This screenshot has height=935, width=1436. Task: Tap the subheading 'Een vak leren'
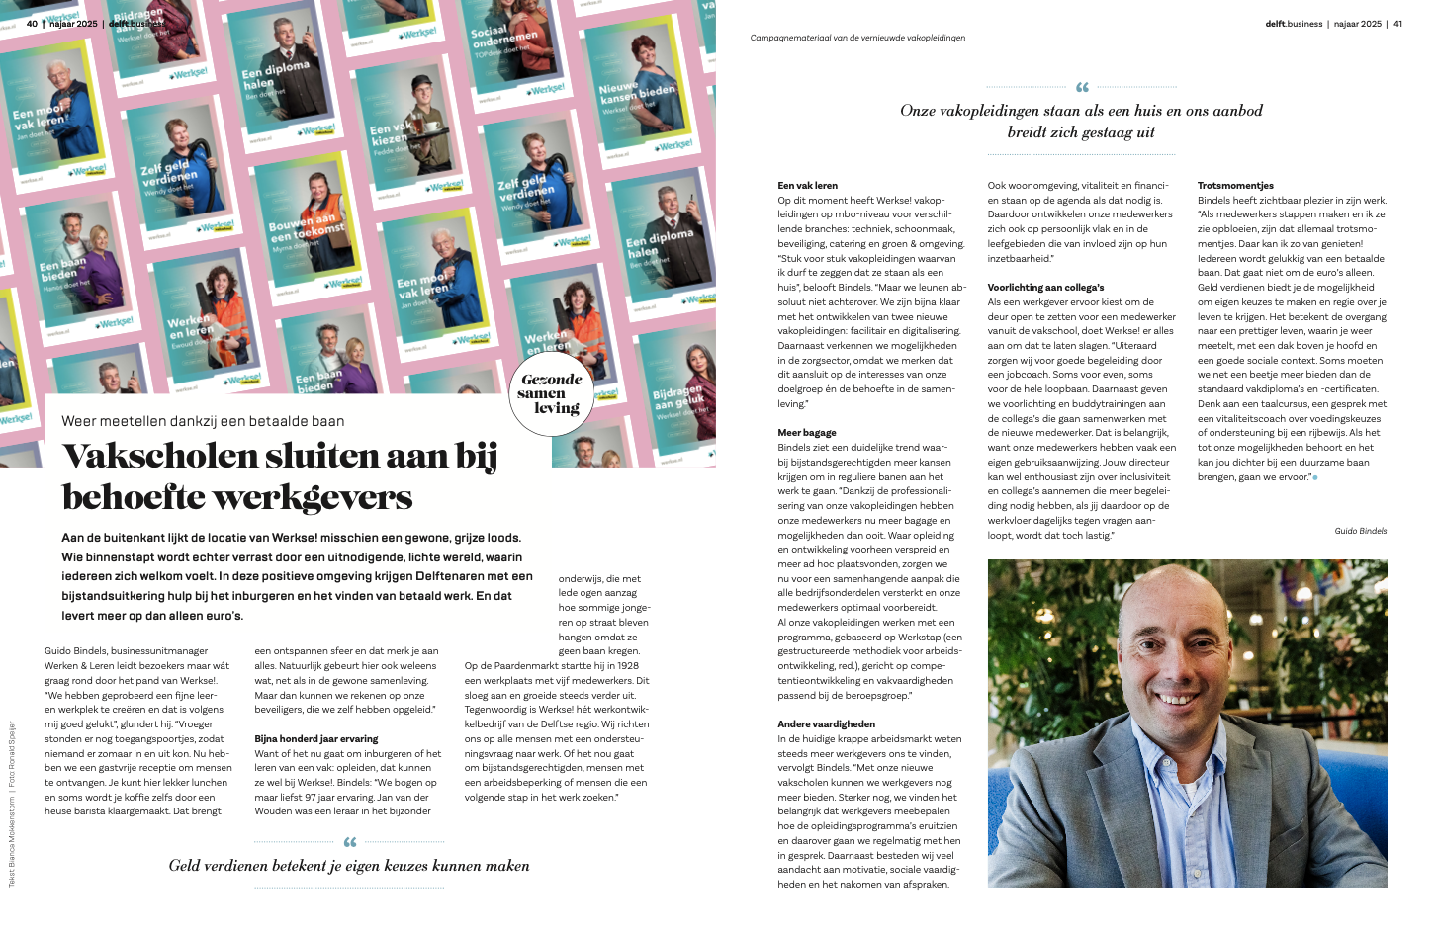click(807, 186)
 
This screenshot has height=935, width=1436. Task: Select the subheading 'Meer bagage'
click(806, 433)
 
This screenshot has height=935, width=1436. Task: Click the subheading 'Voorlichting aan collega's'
click(1045, 288)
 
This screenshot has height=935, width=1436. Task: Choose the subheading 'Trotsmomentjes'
click(1235, 186)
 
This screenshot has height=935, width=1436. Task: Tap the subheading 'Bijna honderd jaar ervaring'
click(315, 739)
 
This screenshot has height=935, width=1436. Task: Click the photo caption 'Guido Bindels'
click(1360, 531)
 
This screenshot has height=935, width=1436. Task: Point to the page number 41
click(1397, 24)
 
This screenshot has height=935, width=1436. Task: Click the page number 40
click(32, 24)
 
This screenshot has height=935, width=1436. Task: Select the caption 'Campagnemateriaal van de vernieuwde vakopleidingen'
click(857, 38)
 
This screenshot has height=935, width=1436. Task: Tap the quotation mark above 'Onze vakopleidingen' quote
click(1081, 87)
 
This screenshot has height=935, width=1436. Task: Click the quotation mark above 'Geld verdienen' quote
click(349, 842)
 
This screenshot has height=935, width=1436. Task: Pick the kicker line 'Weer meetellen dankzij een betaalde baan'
click(203, 421)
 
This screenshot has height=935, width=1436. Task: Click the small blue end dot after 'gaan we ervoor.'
click(1314, 477)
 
